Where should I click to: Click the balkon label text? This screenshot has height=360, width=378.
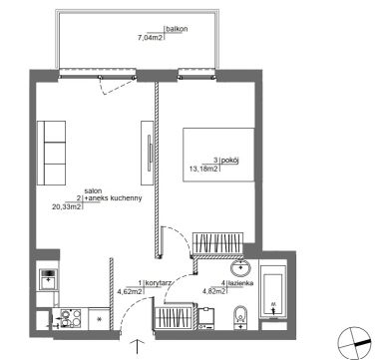click(x=177, y=29)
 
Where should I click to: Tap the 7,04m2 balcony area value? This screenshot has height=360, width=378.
click(x=150, y=38)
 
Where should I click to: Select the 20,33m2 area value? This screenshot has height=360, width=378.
click(x=67, y=206)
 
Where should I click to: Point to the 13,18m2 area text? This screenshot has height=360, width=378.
click(x=203, y=169)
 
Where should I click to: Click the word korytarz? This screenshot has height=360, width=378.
click(x=159, y=283)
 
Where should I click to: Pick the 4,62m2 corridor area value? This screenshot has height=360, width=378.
click(x=131, y=292)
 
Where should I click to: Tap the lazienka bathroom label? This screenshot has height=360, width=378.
click(x=241, y=283)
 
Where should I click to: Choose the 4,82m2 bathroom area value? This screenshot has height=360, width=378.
click(x=214, y=292)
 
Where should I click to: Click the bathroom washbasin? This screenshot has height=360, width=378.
click(x=241, y=268)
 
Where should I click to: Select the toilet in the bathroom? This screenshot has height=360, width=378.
click(x=240, y=317)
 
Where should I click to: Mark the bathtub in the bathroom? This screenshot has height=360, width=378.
click(x=273, y=292)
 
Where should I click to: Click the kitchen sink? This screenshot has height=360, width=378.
click(x=49, y=279)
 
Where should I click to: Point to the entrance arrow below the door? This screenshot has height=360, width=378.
click(x=137, y=346)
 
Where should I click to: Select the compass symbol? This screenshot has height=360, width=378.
click(x=354, y=343)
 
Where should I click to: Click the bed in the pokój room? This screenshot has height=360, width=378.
click(x=218, y=155)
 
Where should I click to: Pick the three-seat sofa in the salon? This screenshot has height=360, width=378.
click(x=51, y=153)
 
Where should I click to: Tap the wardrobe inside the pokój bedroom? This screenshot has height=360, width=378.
click(x=218, y=244)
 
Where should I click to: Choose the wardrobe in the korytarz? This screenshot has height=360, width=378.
click(x=174, y=317)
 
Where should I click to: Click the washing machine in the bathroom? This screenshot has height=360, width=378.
click(x=206, y=318)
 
